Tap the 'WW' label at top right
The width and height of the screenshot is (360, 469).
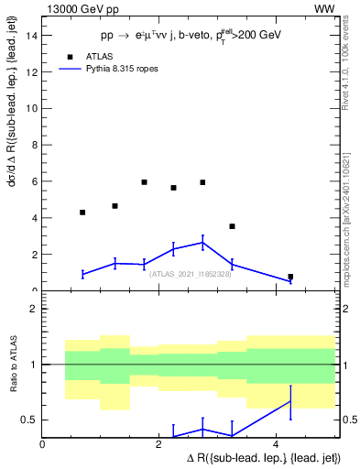(324, 8)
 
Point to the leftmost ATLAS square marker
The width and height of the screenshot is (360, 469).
(82, 213)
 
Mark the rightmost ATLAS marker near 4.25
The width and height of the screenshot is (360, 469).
(290, 277)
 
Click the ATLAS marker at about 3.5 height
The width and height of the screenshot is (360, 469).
(232, 226)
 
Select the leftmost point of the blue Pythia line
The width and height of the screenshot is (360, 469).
(82, 274)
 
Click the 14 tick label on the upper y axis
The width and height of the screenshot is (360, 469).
(32, 36)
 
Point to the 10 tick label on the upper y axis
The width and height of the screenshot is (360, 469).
(32, 109)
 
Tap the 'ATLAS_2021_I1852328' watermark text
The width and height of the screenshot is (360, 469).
(189, 273)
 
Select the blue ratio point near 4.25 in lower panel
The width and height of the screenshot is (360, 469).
(290, 401)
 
